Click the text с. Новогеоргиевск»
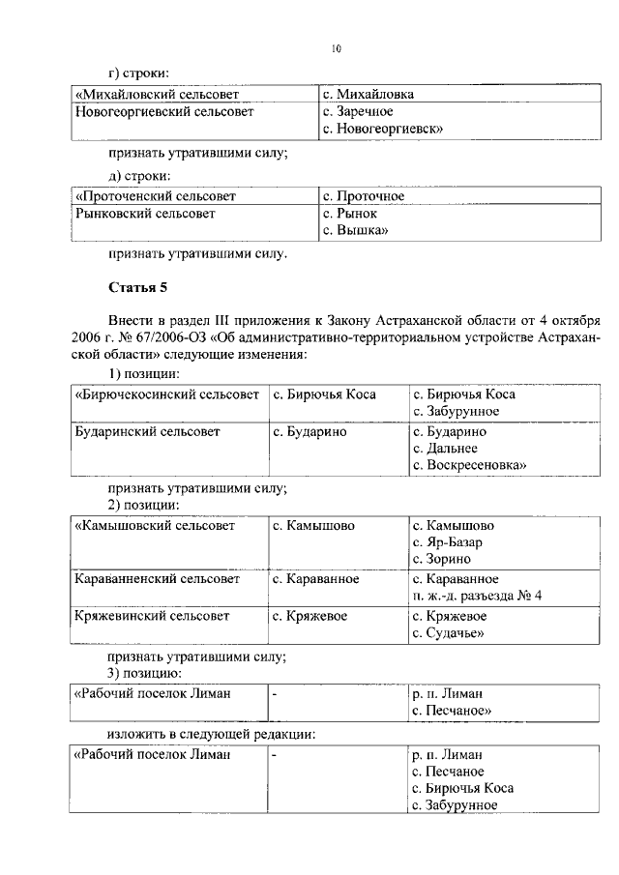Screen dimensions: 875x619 click(383, 129)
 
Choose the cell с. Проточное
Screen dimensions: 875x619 click(364, 196)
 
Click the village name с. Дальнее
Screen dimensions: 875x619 click(446, 449)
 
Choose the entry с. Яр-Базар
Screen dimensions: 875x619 click(447, 542)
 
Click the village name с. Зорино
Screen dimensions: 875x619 click(442, 559)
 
